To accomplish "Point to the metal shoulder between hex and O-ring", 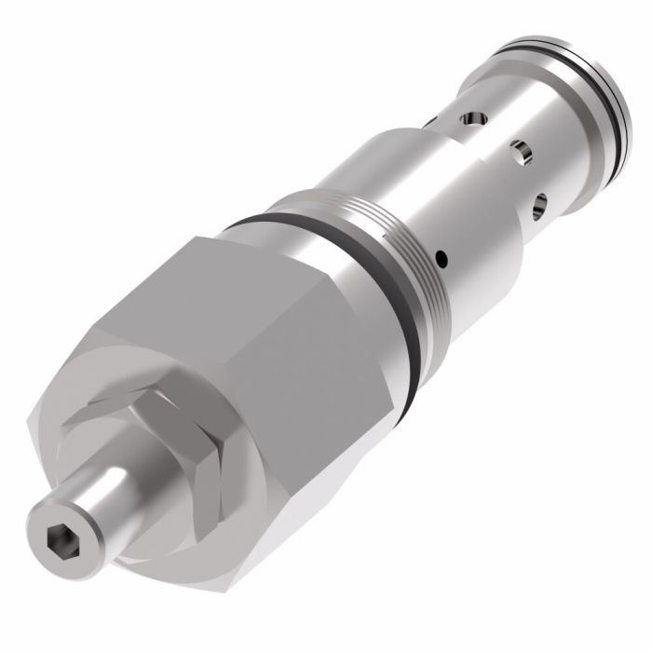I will coord(363,279).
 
